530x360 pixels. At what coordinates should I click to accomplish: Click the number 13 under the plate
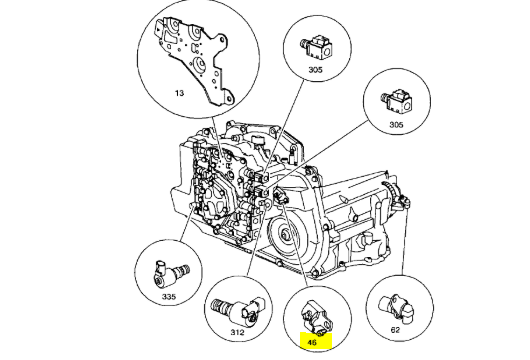[179, 93]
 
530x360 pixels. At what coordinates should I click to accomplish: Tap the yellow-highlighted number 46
[312, 342]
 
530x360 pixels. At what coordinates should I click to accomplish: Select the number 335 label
[169, 297]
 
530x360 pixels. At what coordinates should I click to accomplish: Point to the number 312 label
[237, 332]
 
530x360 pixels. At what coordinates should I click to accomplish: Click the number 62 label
[395, 330]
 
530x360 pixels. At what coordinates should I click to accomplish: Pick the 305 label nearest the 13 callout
[315, 70]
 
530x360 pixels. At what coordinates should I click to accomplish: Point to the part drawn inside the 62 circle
[396, 307]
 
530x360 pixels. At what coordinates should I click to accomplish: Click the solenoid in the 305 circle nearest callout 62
[396, 102]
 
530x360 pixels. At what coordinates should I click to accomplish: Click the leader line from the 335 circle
[187, 224]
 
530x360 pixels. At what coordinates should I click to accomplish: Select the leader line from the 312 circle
[256, 239]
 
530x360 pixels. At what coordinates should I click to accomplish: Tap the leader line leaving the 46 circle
[295, 243]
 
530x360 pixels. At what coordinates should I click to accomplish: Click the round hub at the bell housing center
[286, 234]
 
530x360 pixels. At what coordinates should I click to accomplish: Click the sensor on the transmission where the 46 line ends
[281, 195]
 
